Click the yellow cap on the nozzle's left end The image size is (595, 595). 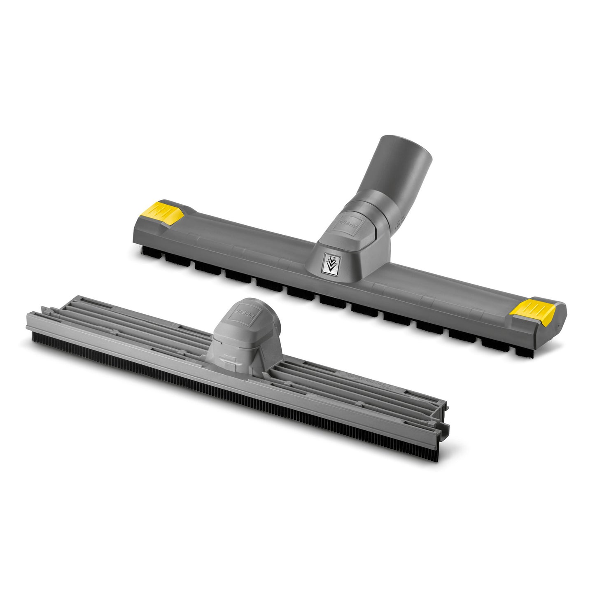coord(165,212)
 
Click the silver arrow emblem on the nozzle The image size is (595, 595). coord(330,263)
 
